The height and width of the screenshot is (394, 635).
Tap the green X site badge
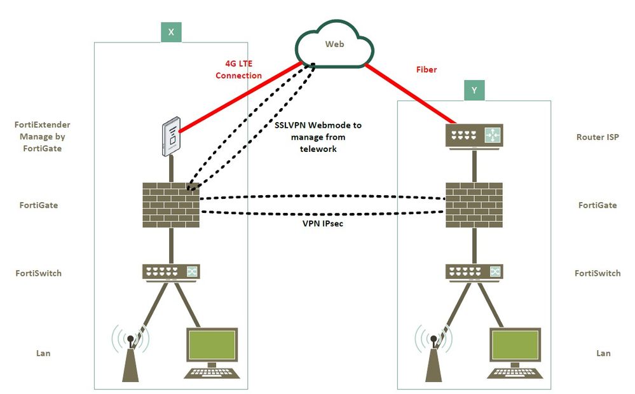[x=171, y=32]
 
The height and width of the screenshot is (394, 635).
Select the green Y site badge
[x=474, y=91]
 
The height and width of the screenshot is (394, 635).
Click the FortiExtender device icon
[x=170, y=136]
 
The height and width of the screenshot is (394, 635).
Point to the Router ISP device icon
[x=474, y=136]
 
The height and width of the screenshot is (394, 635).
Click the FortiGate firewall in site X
[x=171, y=205]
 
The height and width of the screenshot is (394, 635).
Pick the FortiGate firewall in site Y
[x=474, y=205]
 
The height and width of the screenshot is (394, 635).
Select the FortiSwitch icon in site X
[x=170, y=272]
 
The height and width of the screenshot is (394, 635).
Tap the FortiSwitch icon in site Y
[x=474, y=272]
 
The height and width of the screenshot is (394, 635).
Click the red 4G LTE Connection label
[x=238, y=69]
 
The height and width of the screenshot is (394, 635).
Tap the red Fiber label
[x=427, y=69]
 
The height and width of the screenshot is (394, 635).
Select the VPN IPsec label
[x=323, y=224]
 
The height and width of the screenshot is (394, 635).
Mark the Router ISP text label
[x=597, y=137]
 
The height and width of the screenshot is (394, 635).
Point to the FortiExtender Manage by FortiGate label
[x=42, y=137]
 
